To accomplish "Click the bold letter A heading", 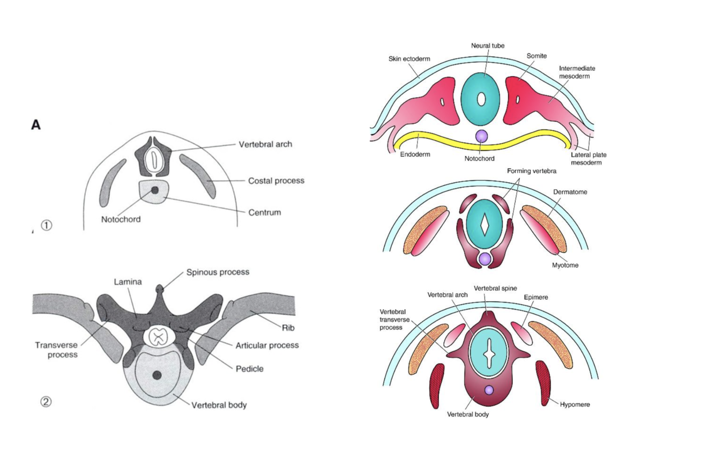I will pyautogui.click(x=36, y=125).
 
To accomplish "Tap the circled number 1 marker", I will pyautogui.click(x=47, y=226).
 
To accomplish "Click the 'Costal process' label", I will pyautogui.click(x=276, y=181).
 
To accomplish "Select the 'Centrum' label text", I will pyautogui.click(x=264, y=212).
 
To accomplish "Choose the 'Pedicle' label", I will pyautogui.click(x=249, y=369).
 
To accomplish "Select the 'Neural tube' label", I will pyautogui.click(x=488, y=46).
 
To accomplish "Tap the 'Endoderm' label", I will pyautogui.click(x=415, y=153).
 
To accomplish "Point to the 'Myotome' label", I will pyautogui.click(x=565, y=265).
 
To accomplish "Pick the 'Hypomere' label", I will pyautogui.click(x=575, y=404).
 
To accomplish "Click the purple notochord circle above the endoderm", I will pyautogui.click(x=481, y=136).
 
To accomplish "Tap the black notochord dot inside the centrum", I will pyautogui.click(x=155, y=190).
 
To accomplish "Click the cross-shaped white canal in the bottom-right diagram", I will pyautogui.click(x=488, y=354).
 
